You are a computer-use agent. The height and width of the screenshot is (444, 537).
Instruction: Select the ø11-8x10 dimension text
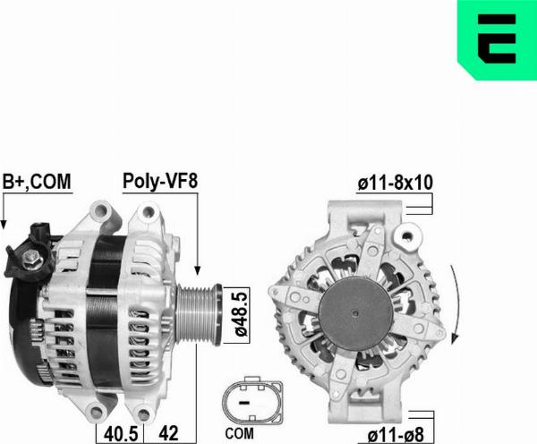[395, 183]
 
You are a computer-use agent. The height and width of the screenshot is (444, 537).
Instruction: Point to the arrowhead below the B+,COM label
[4, 224]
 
